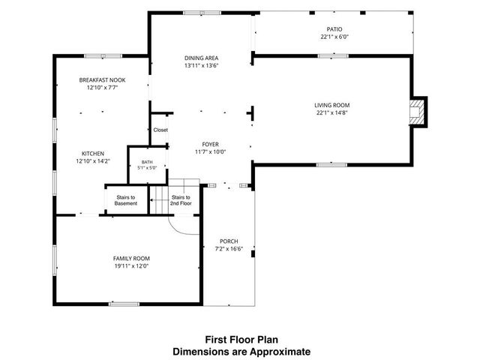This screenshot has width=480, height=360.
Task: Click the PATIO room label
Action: pos(334,29)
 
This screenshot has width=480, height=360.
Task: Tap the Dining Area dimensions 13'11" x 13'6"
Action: pos(202,65)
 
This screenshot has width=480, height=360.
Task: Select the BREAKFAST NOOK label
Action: pos(102,80)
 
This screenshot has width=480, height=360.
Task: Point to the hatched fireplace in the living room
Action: pos(417,112)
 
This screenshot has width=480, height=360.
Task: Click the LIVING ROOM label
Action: pos(331,105)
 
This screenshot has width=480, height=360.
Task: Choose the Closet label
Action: pos(160,130)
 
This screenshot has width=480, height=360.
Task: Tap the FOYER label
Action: pos(211,145)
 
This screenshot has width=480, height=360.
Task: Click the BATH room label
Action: pos(147,162)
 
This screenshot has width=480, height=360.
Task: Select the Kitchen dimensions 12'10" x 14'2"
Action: pos(93,161)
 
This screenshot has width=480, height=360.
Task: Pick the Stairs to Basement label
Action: pos(126,200)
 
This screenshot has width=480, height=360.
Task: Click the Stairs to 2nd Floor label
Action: pos(181,200)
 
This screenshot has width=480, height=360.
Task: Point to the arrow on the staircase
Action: pos(159,200)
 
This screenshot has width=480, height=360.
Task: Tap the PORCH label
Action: pos(229,241)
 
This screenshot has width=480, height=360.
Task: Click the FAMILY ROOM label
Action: pos(132,259)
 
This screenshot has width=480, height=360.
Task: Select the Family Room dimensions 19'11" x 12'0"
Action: pos(132,266)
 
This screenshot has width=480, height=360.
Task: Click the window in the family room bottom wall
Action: pos(124,304)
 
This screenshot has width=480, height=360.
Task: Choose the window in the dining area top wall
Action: pos(202,13)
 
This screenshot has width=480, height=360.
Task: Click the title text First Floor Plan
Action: pos(241,340)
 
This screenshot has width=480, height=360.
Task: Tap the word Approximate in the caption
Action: pos(280,352)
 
